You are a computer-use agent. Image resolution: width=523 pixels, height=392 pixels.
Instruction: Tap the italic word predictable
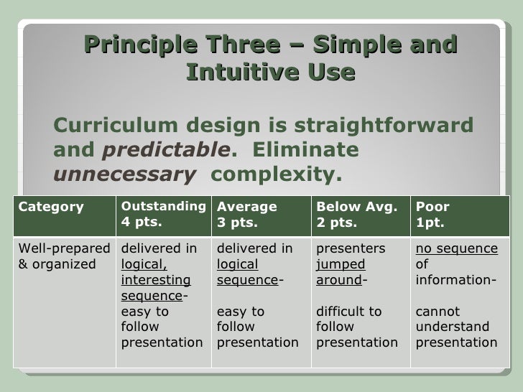click(162, 151)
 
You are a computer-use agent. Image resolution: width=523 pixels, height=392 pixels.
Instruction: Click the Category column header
click(50, 207)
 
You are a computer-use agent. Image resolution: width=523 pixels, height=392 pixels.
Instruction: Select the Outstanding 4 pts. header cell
click(162, 214)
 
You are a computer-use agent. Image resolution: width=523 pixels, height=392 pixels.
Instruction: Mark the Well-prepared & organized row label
click(63, 256)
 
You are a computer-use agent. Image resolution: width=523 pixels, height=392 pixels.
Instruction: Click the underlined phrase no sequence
click(456, 248)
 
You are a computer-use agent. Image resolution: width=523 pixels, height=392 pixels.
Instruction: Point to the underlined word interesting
click(155, 279)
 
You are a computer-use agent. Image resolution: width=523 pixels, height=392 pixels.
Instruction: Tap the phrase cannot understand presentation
click(456, 327)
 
